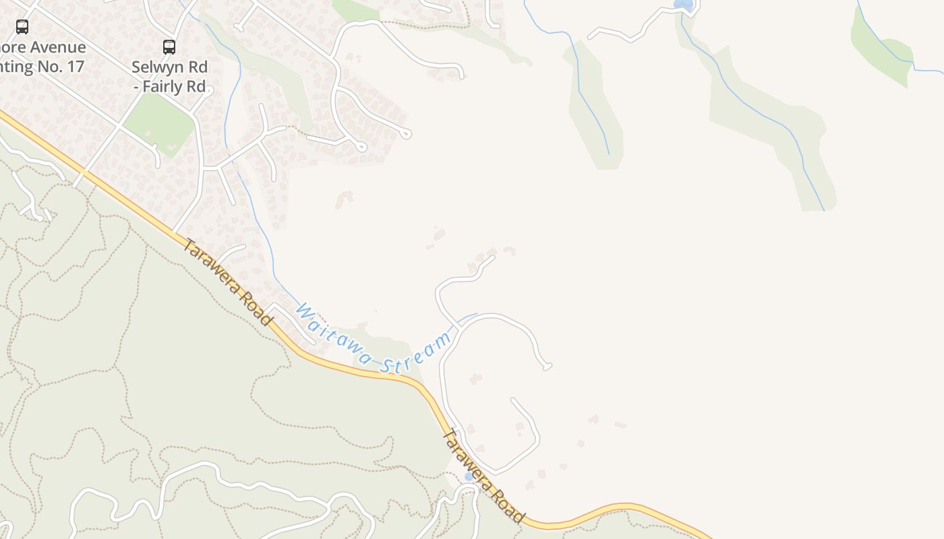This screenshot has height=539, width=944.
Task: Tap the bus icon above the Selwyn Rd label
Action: click(x=169, y=47)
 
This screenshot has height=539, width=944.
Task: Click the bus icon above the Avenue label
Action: click(x=22, y=27)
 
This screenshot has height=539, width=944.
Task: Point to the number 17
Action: click(x=75, y=67)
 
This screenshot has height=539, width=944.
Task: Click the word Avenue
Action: click(x=58, y=47)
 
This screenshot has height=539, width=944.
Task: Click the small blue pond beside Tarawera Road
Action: click(x=469, y=476)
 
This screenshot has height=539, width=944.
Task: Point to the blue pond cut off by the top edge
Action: click(x=684, y=4)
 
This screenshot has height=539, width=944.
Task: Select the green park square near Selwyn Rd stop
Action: click(x=159, y=123)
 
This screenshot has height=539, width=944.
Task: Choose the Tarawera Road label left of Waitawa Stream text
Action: click(x=227, y=282)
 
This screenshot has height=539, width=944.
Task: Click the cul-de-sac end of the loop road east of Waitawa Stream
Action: click(x=548, y=367)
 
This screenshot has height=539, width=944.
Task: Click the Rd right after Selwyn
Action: click(x=198, y=67)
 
